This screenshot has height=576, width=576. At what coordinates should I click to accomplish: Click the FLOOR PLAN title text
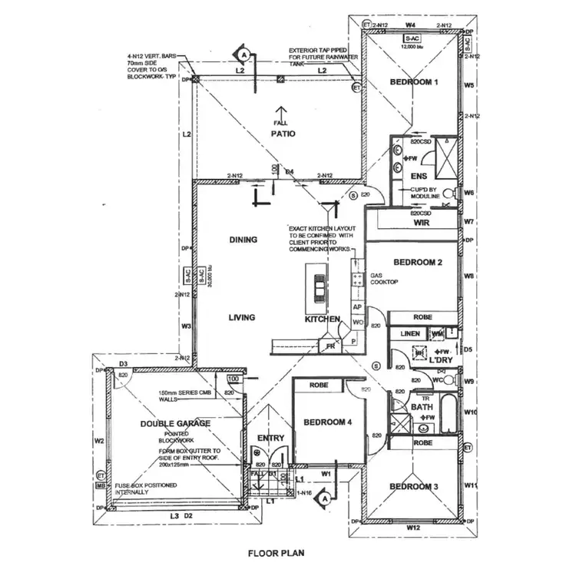(277, 552)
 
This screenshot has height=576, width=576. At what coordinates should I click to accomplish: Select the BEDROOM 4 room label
(328, 422)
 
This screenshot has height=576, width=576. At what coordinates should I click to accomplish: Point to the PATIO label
(283, 134)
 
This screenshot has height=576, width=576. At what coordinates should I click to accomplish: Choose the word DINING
(243, 240)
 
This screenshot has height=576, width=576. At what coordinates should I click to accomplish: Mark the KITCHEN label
(322, 318)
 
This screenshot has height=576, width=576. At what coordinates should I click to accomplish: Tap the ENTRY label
(270, 439)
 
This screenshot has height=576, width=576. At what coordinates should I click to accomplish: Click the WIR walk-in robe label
(420, 223)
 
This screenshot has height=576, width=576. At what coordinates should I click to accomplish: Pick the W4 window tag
(410, 25)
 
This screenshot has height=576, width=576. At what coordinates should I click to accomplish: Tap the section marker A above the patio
(243, 55)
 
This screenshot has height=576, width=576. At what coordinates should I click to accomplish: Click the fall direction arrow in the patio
(283, 112)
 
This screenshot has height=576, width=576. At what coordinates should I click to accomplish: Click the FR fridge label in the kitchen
(331, 346)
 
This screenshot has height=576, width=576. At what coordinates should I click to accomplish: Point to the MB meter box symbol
(101, 486)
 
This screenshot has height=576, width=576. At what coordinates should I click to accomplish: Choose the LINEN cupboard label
(410, 333)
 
